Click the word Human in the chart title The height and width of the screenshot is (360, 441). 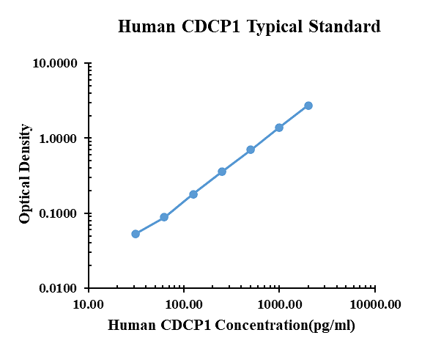(144, 27)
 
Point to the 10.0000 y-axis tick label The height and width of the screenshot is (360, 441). (56, 64)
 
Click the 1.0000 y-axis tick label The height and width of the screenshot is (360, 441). (59, 139)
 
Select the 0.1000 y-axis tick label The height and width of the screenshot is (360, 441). (59, 214)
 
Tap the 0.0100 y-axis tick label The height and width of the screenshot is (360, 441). (59, 289)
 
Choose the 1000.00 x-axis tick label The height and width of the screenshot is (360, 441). (279, 304)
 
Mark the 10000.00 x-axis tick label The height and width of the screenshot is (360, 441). (374, 304)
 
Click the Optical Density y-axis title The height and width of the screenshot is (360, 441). (26, 174)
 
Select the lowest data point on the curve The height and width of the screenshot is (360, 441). (136, 234)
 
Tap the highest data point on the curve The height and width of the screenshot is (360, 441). (308, 106)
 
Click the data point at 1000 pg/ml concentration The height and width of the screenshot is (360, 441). (279, 128)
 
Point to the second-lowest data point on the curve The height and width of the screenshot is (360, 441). (164, 217)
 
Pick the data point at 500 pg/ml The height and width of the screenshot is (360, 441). (251, 150)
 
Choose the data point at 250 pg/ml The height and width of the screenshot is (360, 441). (222, 172)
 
